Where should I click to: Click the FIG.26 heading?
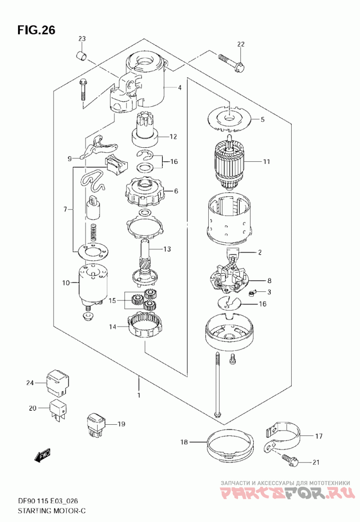[x=36, y=30]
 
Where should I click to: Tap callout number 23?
[x=82, y=39]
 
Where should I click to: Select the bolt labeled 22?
[x=232, y=63]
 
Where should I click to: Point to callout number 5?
[x=262, y=119]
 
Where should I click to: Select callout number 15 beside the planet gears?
[x=112, y=300]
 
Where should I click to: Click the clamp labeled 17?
[x=283, y=437]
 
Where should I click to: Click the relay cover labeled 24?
[x=58, y=382]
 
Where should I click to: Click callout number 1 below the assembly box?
[x=139, y=395]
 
